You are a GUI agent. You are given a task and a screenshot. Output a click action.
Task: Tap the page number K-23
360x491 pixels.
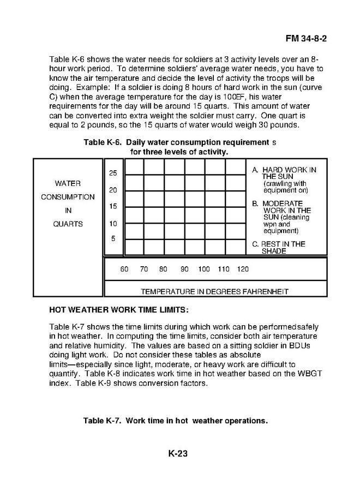click(x=178, y=453)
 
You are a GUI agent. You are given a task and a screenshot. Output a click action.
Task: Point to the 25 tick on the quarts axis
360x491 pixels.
click(x=113, y=173)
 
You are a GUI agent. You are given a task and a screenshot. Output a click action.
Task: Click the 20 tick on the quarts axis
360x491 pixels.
click(x=113, y=190)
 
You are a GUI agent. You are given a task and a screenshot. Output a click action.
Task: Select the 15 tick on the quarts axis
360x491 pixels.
click(x=113, y=207)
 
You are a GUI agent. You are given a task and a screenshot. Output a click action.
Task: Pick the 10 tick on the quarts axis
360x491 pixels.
click(x=113, y=224)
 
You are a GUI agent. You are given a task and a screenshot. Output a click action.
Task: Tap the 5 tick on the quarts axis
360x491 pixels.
click(x=113, y=238)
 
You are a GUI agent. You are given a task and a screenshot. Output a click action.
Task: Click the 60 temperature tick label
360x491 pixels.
click(x=124, y=270)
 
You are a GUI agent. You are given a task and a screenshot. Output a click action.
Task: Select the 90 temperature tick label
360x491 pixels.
click(x=184, y=270)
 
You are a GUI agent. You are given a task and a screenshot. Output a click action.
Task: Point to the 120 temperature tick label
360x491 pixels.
click(x=243, y=270)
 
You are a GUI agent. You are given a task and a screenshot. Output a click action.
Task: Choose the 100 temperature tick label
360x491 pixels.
click(x=204, y=270)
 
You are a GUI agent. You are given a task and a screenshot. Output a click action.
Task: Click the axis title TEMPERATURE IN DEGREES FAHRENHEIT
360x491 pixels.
click(x=214, y=291)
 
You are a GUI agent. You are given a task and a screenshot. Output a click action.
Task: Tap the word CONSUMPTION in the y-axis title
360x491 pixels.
click(x=68, y=197)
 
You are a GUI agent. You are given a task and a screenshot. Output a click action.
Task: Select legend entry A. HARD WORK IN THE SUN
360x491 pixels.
click(x=284, y=173)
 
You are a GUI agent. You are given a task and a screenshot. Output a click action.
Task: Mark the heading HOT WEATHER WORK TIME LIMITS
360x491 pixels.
click(x=118, y=310)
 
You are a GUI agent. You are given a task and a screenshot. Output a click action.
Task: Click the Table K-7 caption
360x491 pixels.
click(x=175, y=421)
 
